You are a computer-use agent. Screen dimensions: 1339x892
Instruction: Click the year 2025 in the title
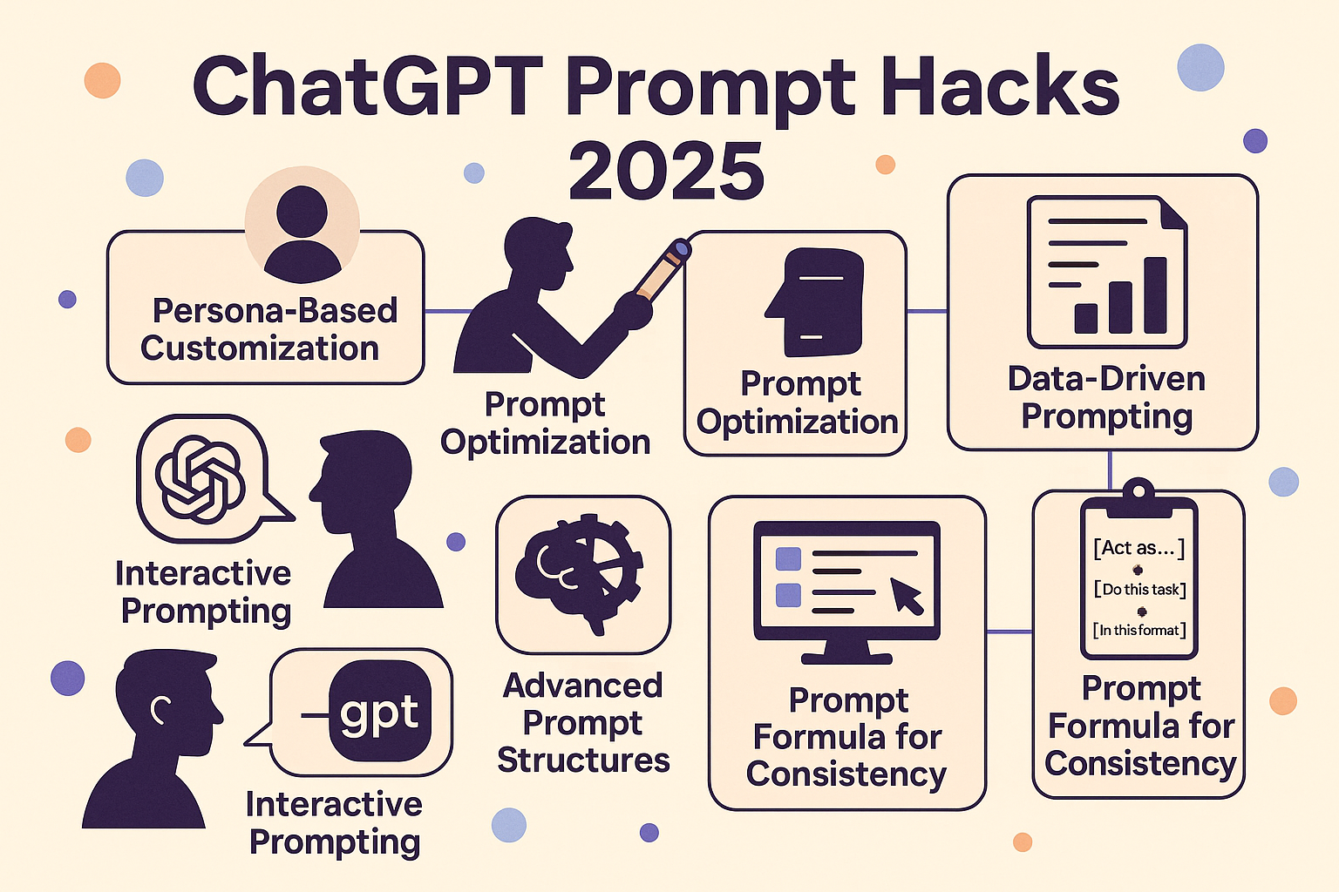click(667, 172)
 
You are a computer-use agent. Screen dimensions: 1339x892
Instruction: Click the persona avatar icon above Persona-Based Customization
click(302, 233)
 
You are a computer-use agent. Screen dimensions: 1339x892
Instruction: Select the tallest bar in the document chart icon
click(1155, 295)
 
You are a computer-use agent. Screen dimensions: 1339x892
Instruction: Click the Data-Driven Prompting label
click(1106, 398)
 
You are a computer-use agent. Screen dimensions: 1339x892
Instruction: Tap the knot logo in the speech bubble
click(201, 479)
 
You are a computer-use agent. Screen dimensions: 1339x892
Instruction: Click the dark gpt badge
click(380, 710)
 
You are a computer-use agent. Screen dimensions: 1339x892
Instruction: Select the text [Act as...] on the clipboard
click(1138, 547)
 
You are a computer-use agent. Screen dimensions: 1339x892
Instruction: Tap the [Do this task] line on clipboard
click(1140, 589)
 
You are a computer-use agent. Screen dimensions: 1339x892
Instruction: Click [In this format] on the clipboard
click(1139, 630)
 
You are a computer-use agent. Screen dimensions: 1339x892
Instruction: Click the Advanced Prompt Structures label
click(583, 722)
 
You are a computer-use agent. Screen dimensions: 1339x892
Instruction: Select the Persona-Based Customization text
click(268, 329)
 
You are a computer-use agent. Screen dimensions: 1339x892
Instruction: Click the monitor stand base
click(846, 659)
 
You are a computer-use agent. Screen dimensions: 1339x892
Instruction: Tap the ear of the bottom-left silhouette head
click(160, 710)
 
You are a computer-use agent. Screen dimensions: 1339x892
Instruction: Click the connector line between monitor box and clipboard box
click(1009, 631)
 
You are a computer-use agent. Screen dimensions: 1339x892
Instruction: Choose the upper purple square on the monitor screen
click(788, 558)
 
